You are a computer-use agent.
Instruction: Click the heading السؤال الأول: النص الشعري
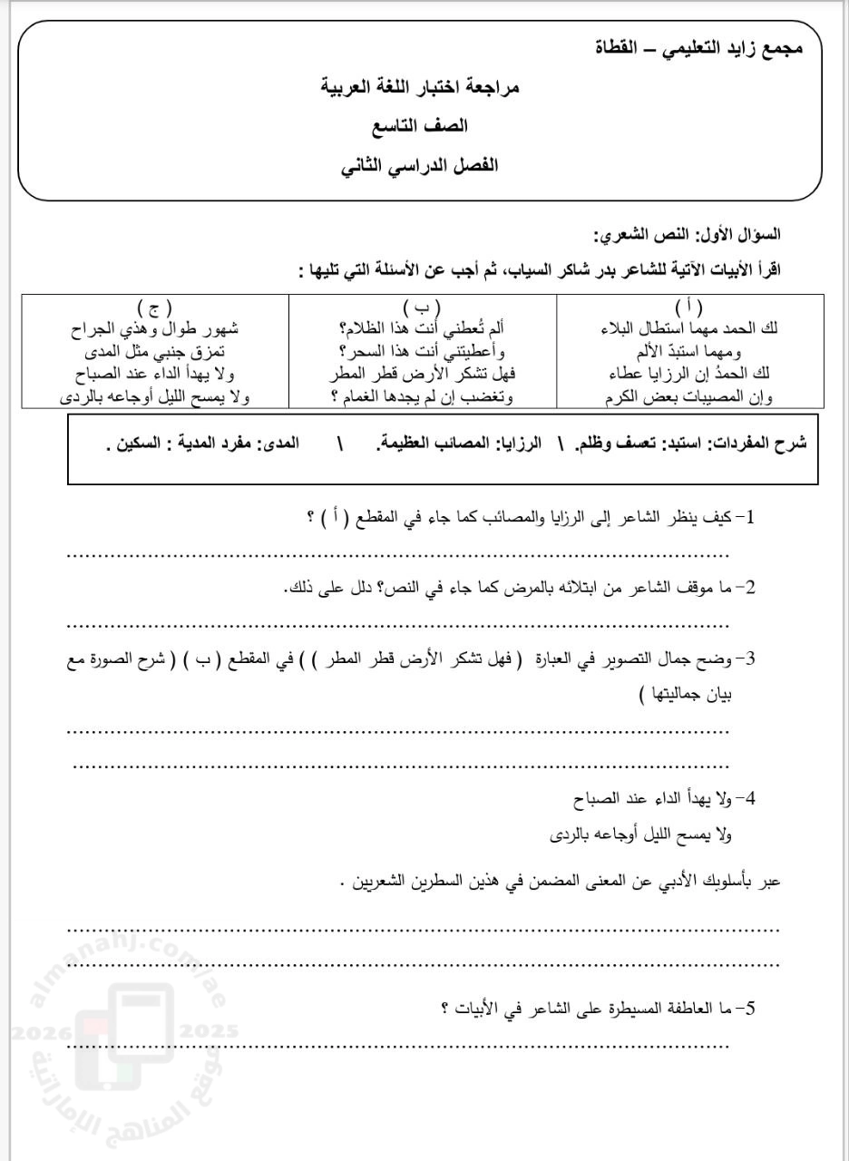(687, 234)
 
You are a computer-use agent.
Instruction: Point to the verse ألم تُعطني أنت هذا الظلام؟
(422, 328)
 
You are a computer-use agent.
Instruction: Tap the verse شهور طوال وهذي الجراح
(155, 328)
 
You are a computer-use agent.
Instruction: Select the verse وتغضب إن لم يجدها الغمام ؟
(422, 396)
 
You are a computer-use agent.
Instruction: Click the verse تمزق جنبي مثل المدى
(155, 351)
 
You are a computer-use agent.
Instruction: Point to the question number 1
(749, 518)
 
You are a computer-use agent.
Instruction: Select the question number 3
(749, 660)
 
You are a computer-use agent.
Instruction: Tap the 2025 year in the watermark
(210, 1031)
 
